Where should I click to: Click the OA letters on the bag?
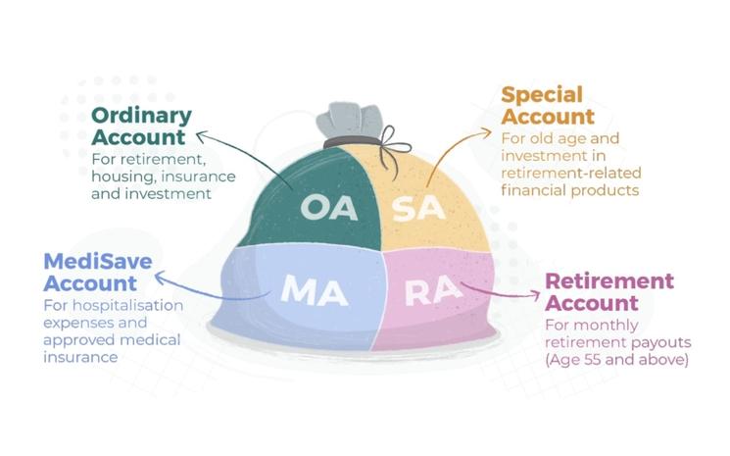tap(325, 209)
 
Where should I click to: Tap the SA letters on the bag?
tap(414, 209)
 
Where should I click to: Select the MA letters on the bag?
tap(309, 289)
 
